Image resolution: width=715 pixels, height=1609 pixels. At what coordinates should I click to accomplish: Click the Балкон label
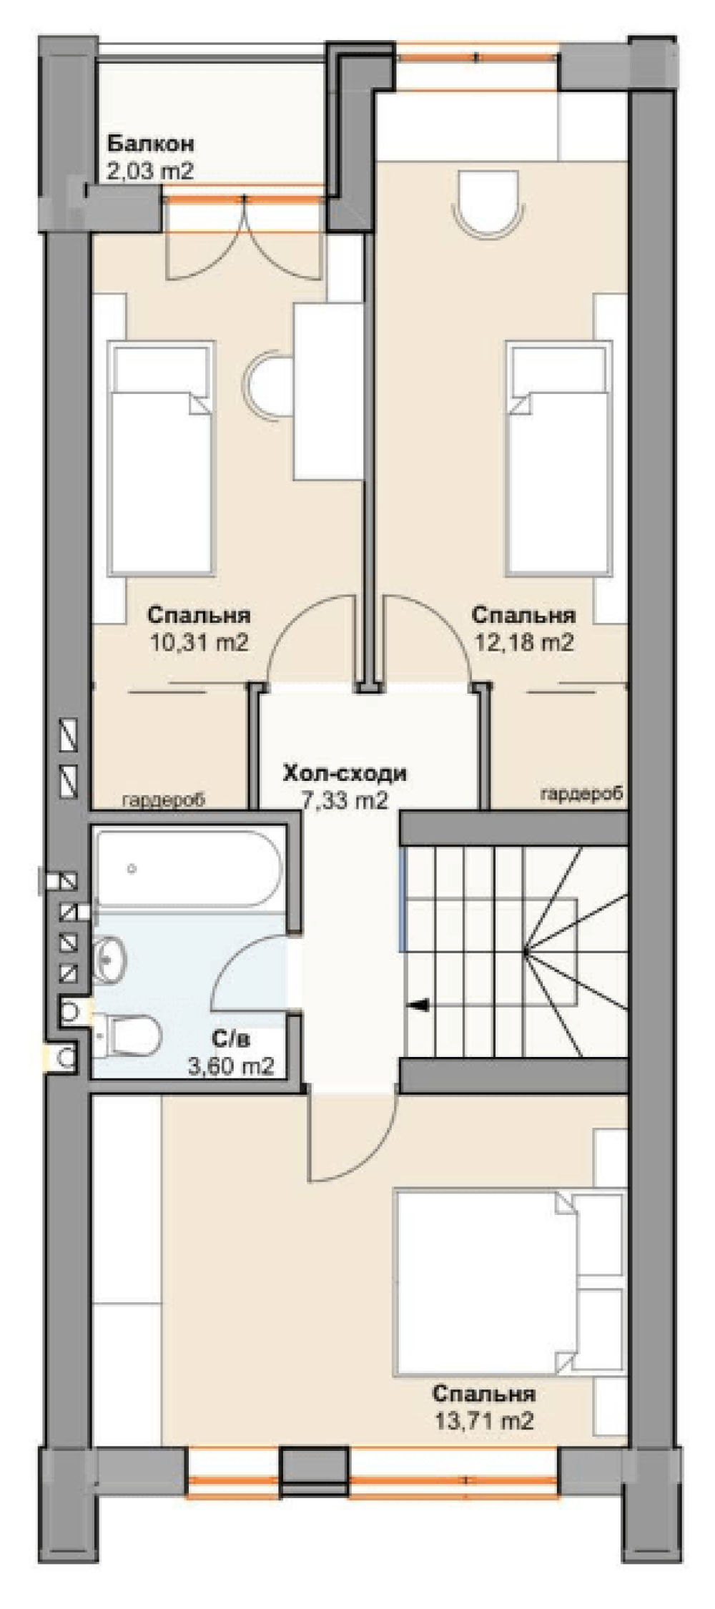click(151, 144)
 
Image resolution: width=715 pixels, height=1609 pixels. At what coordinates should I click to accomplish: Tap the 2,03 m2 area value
click(151, 171)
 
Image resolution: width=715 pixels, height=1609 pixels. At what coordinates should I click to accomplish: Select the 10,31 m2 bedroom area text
click(199, 642)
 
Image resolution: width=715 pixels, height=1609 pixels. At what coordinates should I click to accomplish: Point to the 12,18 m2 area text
click(525, 642)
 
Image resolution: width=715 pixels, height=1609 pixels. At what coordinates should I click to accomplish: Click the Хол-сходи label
click(345, 773)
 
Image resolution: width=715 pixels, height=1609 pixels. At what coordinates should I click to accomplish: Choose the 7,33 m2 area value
click(345, 800)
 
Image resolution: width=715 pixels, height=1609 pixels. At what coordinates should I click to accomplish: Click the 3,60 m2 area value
click(231, 1066)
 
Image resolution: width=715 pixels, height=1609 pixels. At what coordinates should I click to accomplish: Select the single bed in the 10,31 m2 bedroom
click(162, 459)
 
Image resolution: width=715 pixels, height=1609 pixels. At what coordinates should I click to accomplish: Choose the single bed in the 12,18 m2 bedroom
click(560, 459)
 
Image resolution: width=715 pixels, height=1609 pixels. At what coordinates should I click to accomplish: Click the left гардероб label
click(164, 799)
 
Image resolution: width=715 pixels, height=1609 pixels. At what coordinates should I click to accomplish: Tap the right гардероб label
click(582, 793)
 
